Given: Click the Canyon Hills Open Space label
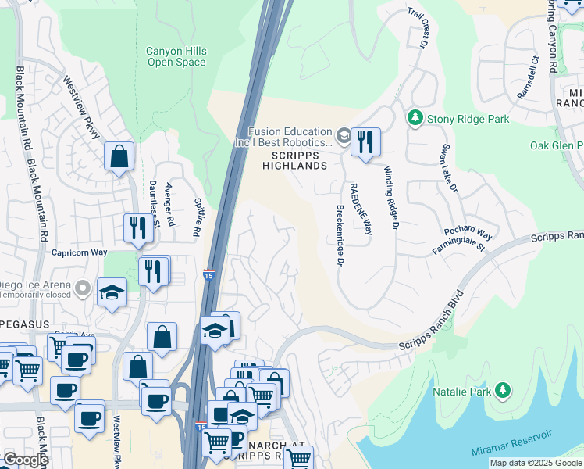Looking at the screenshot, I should pyautogui.click(x=176, y=56).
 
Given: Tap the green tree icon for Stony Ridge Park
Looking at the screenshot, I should pyautogui.click(x=415, y=119).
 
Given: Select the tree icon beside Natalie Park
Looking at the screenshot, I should pyautogui.click(x=503, y=388).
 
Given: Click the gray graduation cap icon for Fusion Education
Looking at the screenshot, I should pyautogui.click(x=342, y=137).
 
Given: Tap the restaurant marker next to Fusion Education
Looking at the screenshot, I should pyautogui.click(x=365, y=142).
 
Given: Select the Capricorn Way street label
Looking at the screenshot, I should pyautogui.click(x=79, y=252).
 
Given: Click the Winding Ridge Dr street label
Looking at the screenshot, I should pyautogui.click(x=390, y=197).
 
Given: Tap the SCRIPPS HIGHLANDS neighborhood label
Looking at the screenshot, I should pyautogui.click(x=294, y=159).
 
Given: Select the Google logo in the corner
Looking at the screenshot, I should pyautogui.click(x=26, y=460).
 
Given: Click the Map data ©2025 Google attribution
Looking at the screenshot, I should pyautogui.click(x=535, y=463).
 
